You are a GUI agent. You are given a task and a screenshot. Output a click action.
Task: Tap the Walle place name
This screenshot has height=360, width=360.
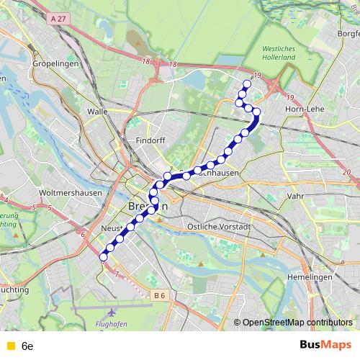coord(96,112)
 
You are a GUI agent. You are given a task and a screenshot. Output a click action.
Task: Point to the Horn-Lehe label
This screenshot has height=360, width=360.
coord(305,109)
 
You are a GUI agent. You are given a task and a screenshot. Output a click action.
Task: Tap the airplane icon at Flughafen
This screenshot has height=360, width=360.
coord(112,313)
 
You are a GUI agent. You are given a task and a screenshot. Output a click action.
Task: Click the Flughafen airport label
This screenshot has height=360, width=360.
coord(111,324)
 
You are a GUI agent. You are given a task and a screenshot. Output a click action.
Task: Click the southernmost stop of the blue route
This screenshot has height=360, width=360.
coord(103,257)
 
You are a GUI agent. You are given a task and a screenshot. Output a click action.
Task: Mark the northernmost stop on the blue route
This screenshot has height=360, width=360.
coord(247,84)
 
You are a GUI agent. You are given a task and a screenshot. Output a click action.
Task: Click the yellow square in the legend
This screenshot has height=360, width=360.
coord(9,346)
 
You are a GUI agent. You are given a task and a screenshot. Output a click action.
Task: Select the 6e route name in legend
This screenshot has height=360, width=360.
coord(28,346)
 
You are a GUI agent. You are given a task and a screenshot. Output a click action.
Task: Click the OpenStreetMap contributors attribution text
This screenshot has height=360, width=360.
coord(297,323)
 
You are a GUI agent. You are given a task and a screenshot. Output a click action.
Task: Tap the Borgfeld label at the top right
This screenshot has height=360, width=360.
coord(348,33)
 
